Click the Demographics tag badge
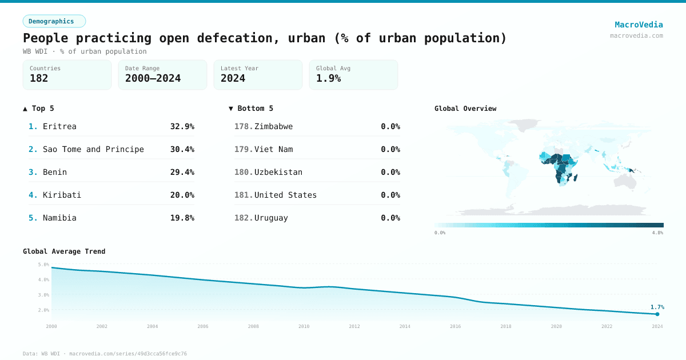(54, 21)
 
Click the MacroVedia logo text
(639, 25)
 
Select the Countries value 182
(39, 78)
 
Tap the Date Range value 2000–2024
(153, 78)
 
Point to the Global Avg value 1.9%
(328, 78)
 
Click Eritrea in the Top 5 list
(59, 126)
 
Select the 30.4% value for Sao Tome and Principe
(182, 149)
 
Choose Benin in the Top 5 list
(55, 172)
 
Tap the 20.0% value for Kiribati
(182, 195)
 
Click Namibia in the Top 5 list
(59, 218)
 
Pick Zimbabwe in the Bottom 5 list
(273, 126)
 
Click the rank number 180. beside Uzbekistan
(244, 172)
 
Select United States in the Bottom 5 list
(285, 195)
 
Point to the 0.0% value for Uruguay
(390, 218)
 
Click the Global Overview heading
(465, 109)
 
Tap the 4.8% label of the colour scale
(657, 233)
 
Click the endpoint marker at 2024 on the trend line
(657, 314)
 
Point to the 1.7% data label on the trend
(657, 307)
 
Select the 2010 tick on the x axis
(304, 326)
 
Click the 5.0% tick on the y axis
(43, 265)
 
